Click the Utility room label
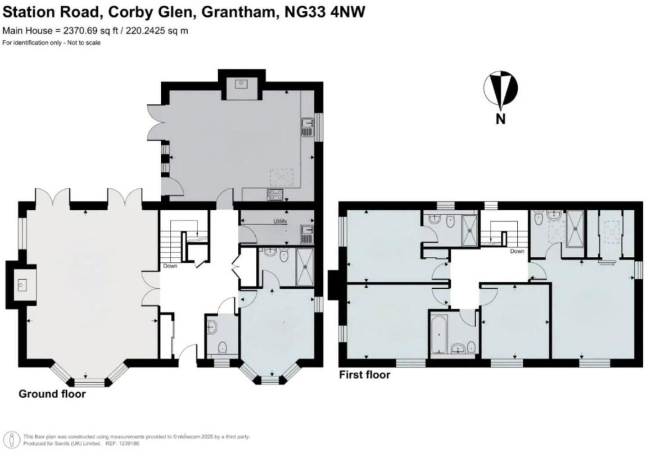click(280, 221)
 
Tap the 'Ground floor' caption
click(52, 394)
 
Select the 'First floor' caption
click(364, 375)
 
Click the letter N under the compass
click(500, 119)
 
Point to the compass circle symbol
click(501, 88)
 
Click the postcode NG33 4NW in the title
click(325, 12)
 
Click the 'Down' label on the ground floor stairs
click(170, 266)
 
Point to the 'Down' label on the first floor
click(517, 251)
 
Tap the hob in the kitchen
click(275, 195)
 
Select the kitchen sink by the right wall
click(308, 127)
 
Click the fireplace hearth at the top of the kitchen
click(242, 84)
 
